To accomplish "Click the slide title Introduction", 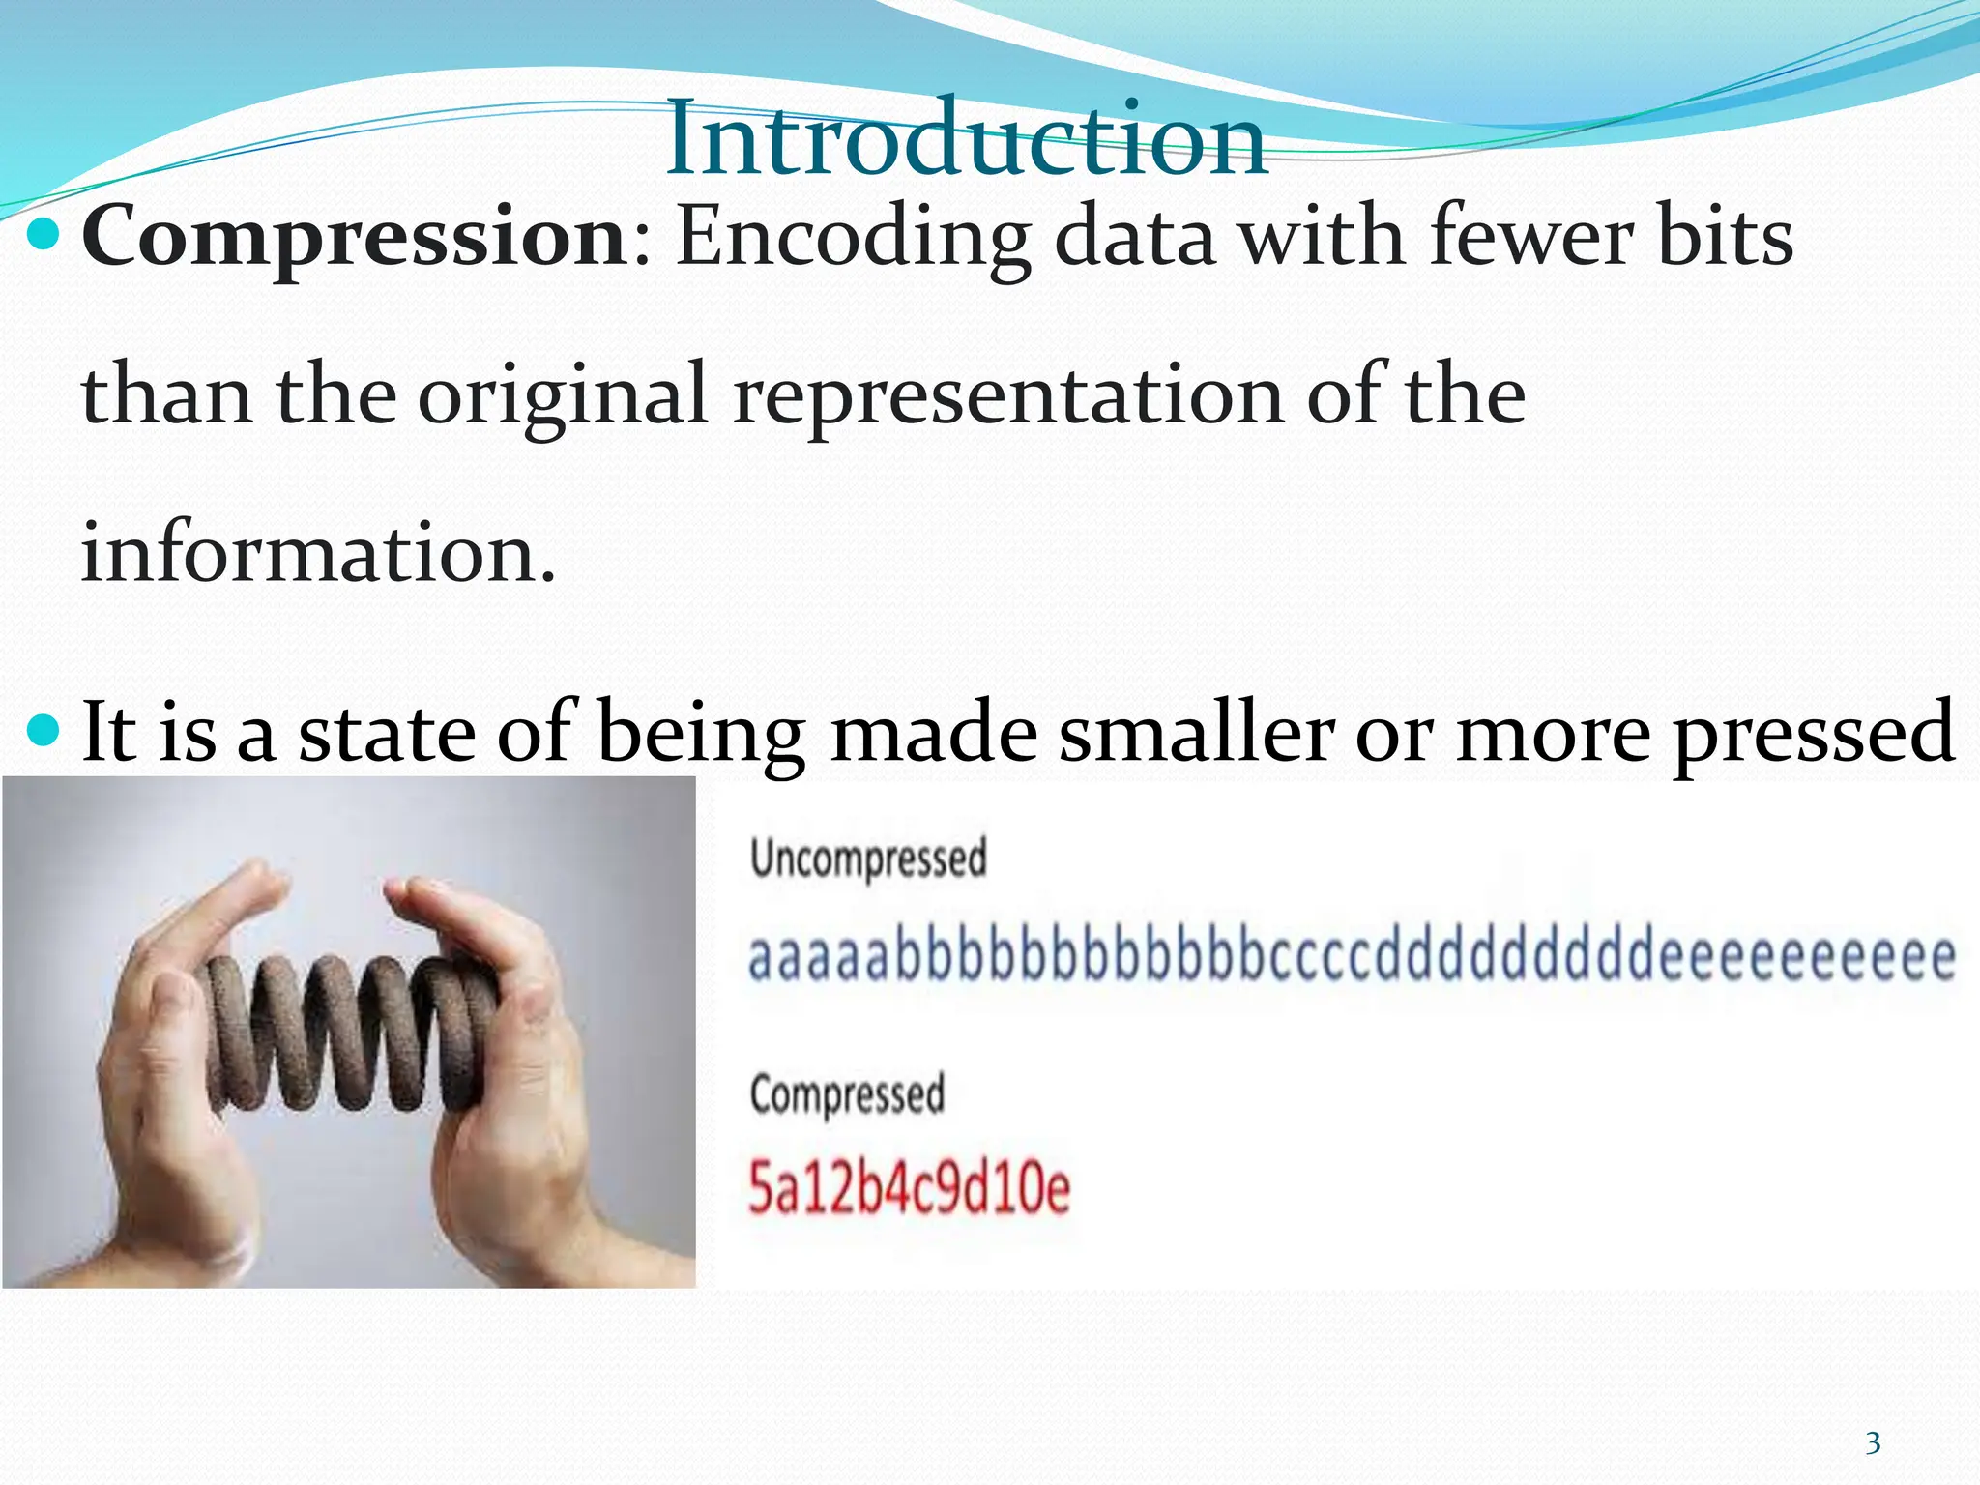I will click(x=965, y=140).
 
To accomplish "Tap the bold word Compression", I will click(x=356, y=239).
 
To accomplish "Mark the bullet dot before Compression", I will click(x=44, y=235).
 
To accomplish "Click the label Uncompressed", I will click(x=867, y=859).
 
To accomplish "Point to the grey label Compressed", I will click(x=847, y=1095).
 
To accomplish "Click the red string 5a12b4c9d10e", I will click(x=909, y=1189).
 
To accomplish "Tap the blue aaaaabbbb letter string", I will click(x=1352, y=957).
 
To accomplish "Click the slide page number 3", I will click(x=1873, y=1443).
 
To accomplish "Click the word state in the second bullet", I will click(x=387, y=733).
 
